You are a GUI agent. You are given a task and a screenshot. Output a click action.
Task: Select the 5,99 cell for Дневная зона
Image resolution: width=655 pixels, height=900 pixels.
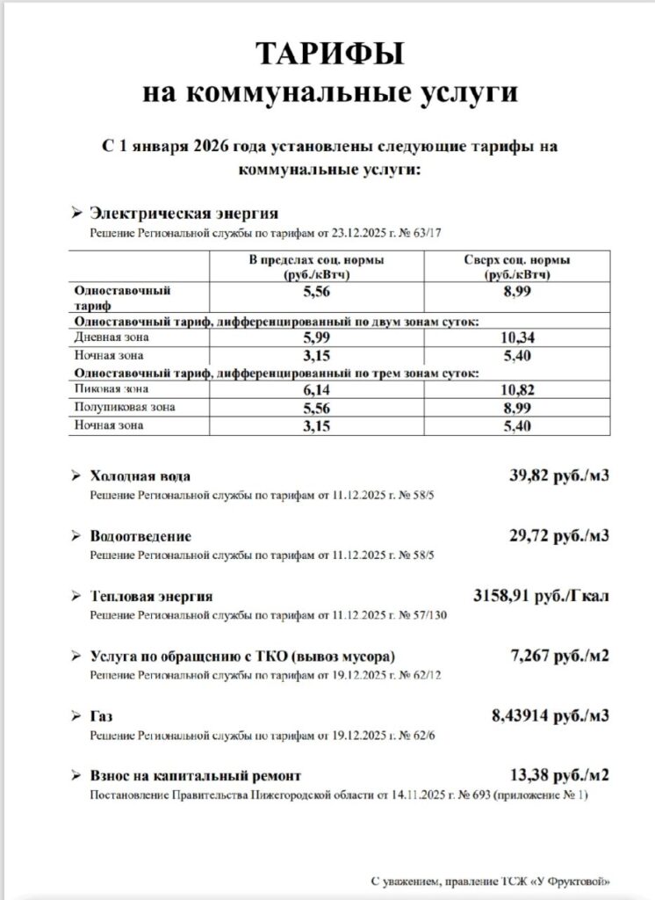tap(315, 337)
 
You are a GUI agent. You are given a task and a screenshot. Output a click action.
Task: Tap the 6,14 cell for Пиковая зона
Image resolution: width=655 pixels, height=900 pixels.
tap(315, 389)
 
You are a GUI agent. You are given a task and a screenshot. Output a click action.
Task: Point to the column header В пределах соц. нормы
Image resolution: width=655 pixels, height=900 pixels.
tap(315, 267)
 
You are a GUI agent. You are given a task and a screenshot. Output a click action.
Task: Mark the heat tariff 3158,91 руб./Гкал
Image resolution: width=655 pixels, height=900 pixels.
tap(541, 595)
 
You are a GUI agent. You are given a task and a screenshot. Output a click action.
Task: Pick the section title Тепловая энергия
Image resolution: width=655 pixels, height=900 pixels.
tap(151, 597)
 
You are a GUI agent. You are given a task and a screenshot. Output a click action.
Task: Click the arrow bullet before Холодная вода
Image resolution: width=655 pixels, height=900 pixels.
tap(76, 476)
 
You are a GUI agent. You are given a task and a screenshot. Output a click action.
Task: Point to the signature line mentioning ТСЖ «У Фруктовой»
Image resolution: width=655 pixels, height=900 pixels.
tap(488, 881)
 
